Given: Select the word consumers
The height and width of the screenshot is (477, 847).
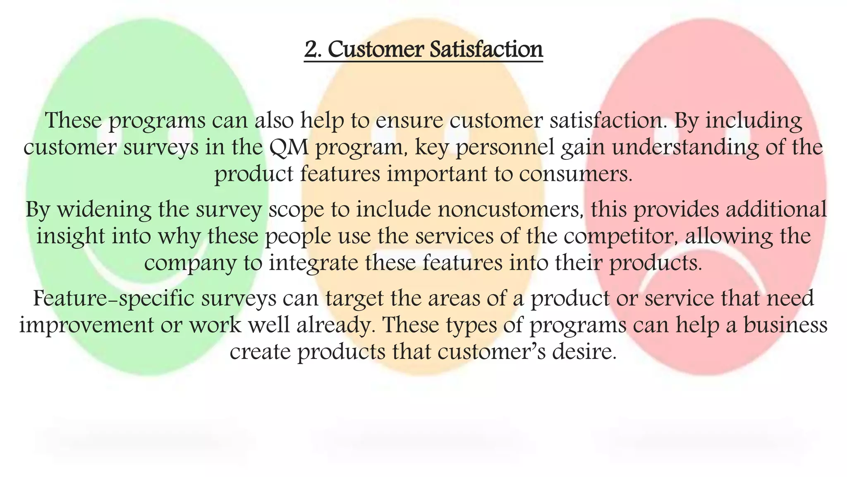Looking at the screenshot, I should point(576,174).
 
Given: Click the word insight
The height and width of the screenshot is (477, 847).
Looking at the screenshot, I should point(71,236).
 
